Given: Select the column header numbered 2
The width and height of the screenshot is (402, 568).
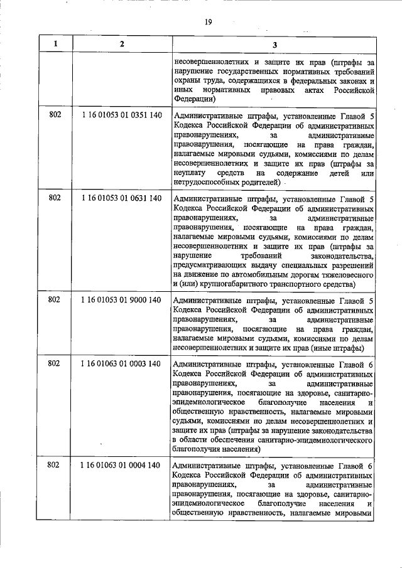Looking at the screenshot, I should pyautogui.click(x=122, y=44).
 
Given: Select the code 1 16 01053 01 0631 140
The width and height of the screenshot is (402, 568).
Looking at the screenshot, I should pyautogui.click(x=122, y=198).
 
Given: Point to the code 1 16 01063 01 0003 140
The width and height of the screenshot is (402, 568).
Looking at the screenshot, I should pyautogui.click(x=122, y=363).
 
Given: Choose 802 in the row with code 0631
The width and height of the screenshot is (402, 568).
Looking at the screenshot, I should pyautogui.click(x=55, y=198).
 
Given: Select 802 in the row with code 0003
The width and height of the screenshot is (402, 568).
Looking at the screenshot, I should pyautogui.click(x=55, y=363).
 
